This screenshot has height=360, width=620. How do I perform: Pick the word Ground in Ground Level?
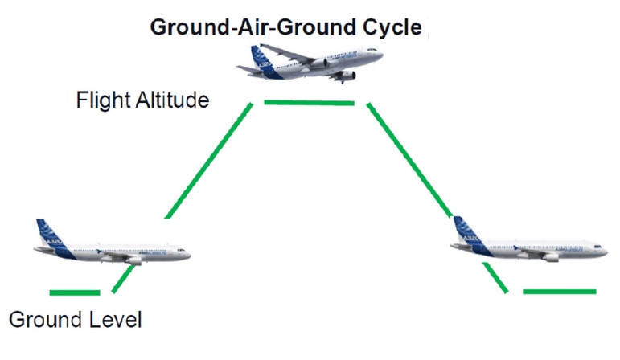[x=43, y=319]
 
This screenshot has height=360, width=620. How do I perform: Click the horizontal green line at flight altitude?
[x=309, y=103]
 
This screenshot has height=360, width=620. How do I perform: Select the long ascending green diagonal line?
[x=209, y=160]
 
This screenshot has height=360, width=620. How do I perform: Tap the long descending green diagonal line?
[x=410, y=160]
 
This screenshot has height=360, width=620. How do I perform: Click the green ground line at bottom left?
[x=75, y=292]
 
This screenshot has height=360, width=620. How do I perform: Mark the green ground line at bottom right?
[x=560, y=291]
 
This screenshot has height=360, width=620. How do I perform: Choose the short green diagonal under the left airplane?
[x=122, y=279]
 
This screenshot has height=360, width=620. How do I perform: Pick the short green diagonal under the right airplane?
[x=498, y=277]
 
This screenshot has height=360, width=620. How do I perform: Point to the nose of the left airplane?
[x=187, y=253]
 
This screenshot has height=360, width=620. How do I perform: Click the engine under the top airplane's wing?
[x=346, y=76]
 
